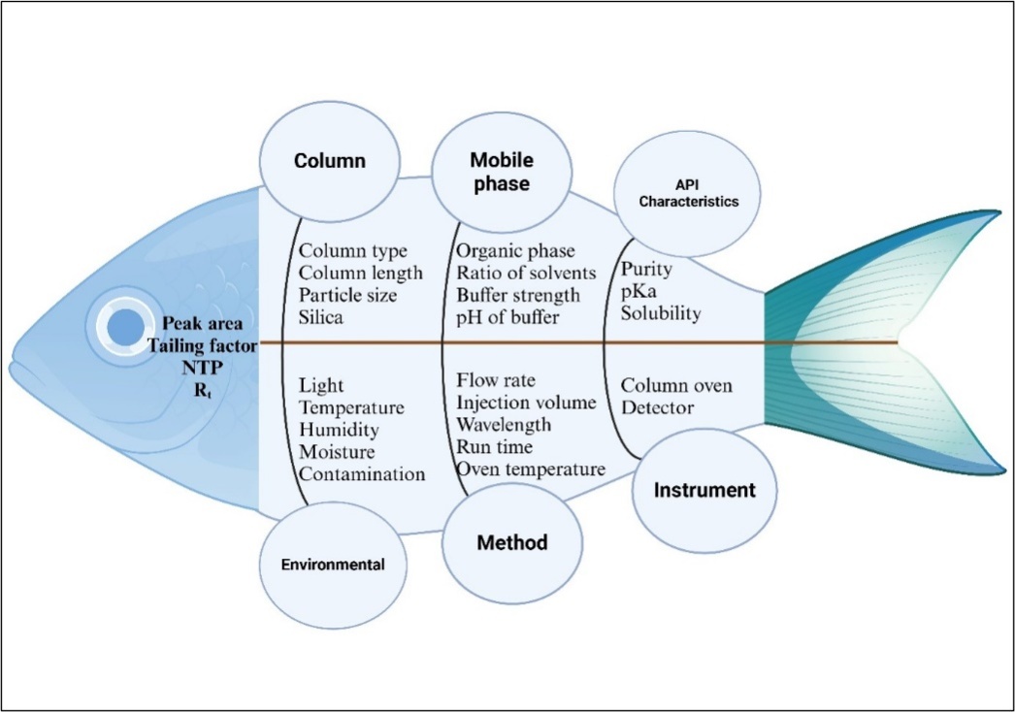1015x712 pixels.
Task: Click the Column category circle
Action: [x=330, y=161]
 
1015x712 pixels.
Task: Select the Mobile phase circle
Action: [x=502, y=172]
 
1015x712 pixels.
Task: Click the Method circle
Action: [x=511, y=542]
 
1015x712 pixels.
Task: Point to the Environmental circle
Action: [x=334, y=565]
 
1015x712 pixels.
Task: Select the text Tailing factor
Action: [x=202, y=344]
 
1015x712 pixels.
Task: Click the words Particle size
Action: [x=347, y=295]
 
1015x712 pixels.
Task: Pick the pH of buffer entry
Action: [x=508, y=316]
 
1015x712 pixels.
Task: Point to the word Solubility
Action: [x=662, y=314]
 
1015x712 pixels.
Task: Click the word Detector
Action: [x=658, y=407]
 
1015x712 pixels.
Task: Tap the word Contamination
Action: [x=362, y=474]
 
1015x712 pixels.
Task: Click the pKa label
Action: [x=640, y=292]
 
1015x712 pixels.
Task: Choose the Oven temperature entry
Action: [x=531, y=469]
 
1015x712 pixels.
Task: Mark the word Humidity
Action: [x=339, y=430]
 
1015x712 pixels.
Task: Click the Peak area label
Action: [x=203, y=323]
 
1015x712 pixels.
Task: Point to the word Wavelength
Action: [x=504, y=425]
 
